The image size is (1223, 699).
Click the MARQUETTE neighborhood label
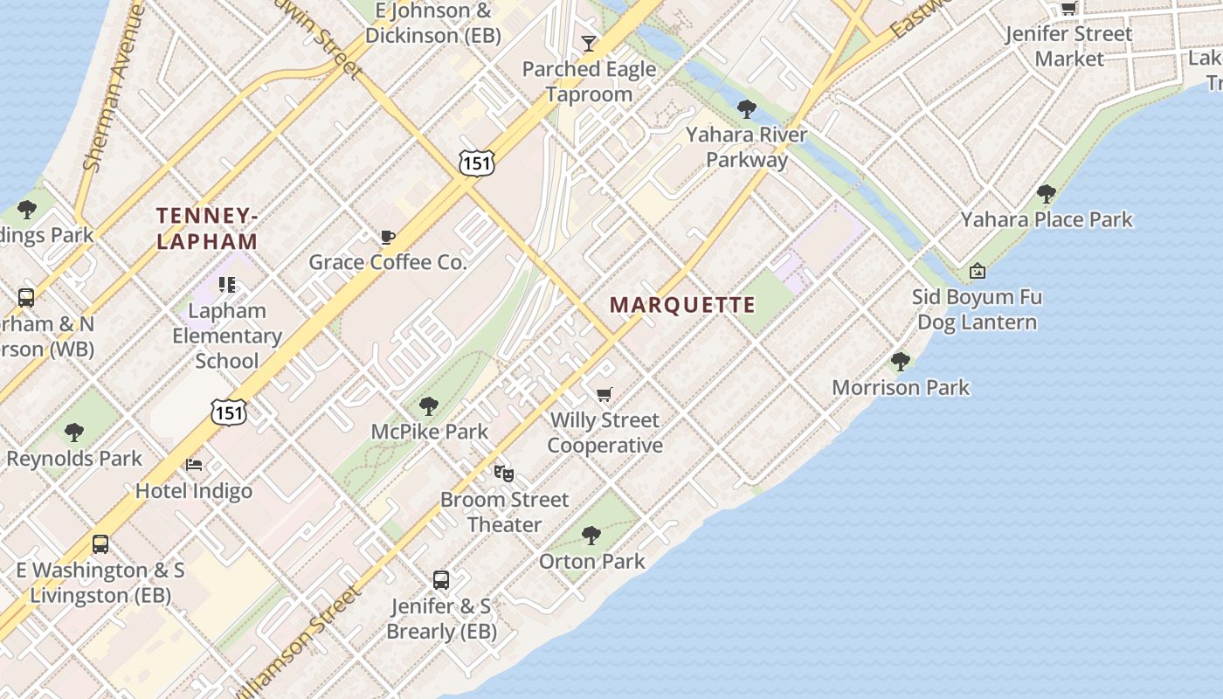point(682,305)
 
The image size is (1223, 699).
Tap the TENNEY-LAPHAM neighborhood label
point(207,228)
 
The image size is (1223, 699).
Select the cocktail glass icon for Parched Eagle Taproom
point(589,44)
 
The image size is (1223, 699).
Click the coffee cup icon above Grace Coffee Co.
point(388,237)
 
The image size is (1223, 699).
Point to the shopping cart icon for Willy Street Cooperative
point(605,395)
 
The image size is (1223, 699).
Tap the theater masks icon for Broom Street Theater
point(504,474)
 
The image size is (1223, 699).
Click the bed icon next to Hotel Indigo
point(194,464)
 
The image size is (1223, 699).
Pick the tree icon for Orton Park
point(591,535)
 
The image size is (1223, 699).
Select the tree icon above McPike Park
point(429,405)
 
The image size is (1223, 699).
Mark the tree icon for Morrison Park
point(901,362)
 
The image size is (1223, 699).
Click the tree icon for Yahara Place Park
point(1047,194)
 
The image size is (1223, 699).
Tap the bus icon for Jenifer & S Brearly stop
point(441,579)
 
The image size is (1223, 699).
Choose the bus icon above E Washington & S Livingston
point(100,544)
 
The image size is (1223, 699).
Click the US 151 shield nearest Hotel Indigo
point(228,412)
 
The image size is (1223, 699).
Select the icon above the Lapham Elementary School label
point(227,285)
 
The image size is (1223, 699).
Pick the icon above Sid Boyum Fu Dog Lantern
point(978,272)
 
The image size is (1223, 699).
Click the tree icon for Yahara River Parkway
point(746,109)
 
